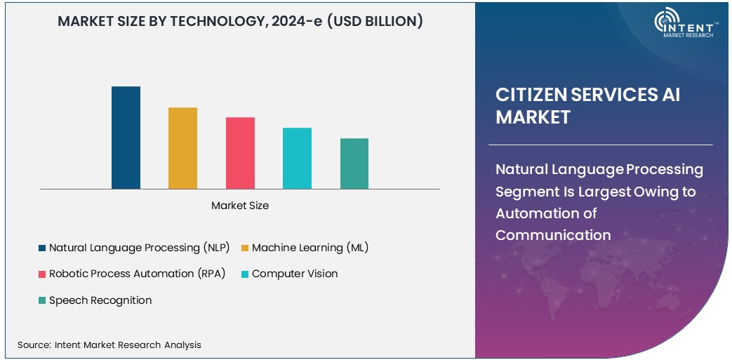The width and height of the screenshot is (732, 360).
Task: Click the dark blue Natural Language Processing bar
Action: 126,138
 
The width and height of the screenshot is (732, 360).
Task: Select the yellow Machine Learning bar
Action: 182,148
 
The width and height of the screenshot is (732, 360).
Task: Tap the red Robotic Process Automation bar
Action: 240,153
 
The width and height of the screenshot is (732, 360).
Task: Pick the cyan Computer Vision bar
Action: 297,159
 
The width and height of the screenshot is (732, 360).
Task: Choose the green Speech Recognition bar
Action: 354,164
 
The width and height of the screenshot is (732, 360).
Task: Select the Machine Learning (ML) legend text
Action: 310,248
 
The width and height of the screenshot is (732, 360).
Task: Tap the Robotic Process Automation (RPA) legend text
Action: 137,274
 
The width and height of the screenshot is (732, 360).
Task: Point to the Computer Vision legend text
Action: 295,274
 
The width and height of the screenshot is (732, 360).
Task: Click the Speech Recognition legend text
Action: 100,300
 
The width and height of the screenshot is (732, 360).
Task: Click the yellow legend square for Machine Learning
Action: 245,248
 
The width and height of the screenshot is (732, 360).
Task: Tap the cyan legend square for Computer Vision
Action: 245,274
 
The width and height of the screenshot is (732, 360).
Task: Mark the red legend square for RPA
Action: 42,274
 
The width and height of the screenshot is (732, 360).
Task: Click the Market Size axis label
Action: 240,206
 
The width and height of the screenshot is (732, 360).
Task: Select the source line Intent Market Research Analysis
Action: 109,345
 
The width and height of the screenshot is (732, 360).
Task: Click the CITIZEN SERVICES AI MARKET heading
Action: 587,105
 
